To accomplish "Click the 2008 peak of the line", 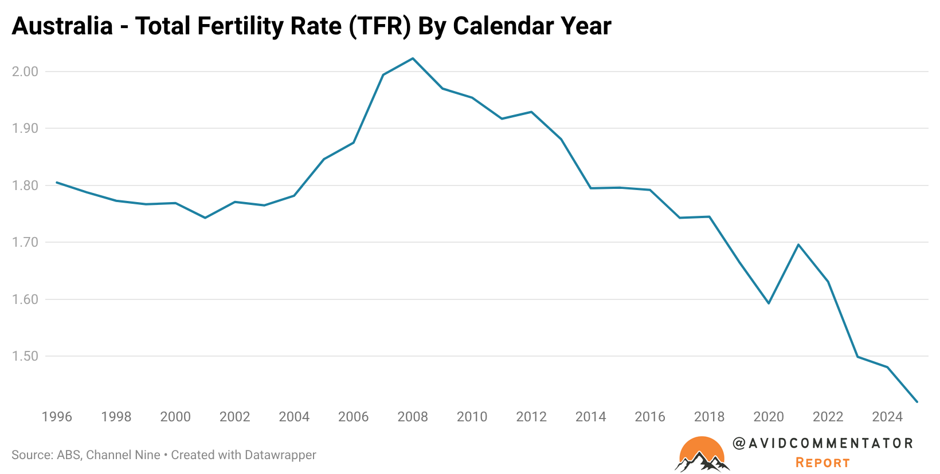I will tap(413, 58).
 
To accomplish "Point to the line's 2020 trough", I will tap(769, 303).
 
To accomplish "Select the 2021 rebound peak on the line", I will tap(798, 244).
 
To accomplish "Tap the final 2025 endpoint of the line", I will tap(917, 402).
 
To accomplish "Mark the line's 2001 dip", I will tap(205, 218).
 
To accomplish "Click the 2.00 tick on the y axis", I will tap(25, 72).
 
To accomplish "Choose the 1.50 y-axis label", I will tap(25, 356).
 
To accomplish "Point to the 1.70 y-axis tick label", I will tap(25, 242).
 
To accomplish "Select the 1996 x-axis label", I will tap(57, 417).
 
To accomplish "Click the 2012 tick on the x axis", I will tap(531, 417).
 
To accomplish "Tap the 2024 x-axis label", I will tap(887, 417).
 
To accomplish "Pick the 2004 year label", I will tap(294, 417).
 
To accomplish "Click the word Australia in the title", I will tap(62, 26).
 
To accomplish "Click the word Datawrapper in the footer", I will tap(280, 455).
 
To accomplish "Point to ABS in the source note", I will tap(68, 455).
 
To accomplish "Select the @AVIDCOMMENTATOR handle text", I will tap(822, 443).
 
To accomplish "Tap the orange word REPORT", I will tap(822, 463).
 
